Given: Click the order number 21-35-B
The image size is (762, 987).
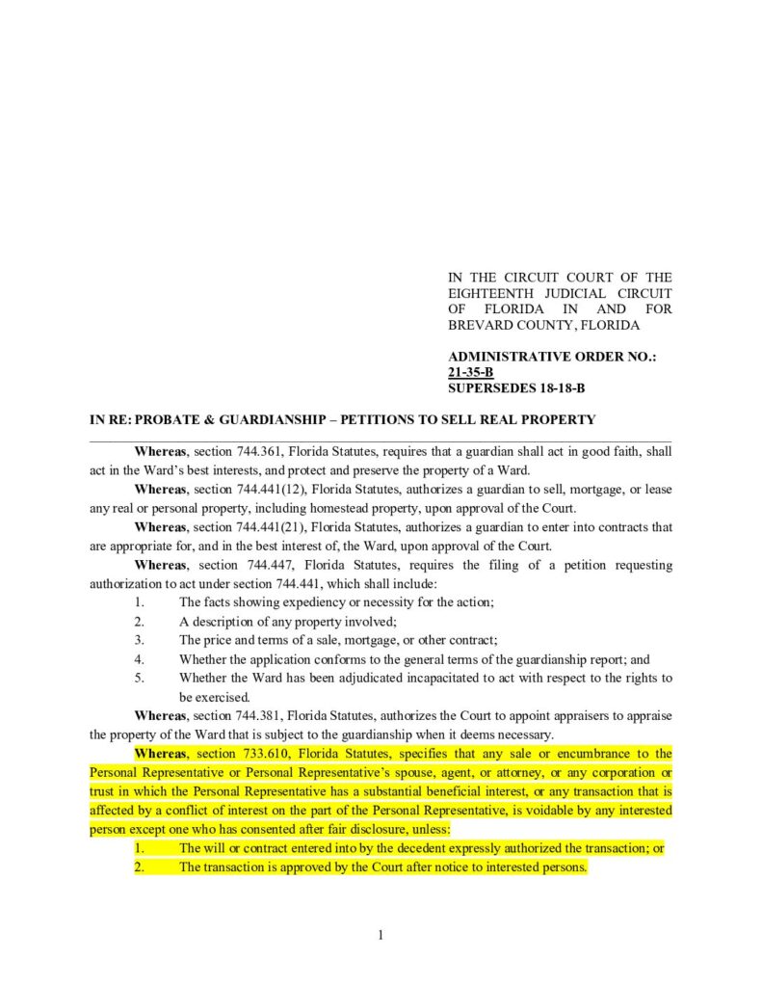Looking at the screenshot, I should (471, 372).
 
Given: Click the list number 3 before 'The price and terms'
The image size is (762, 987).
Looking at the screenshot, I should (140, 641).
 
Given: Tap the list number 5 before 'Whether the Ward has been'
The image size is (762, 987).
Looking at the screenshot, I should (140, 679).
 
